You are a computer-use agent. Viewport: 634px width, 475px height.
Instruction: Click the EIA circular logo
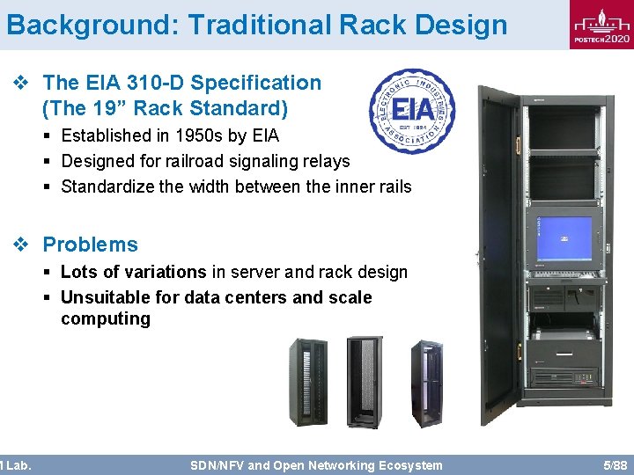(x=412, y=112)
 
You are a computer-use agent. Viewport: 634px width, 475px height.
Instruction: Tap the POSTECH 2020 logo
(x=601, y=26)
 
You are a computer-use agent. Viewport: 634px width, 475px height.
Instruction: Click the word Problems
(x=91, y=245)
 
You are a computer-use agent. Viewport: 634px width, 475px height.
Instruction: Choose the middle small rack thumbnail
(x=365, y=382)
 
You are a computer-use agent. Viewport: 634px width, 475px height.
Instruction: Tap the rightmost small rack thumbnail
(x=427, y=383)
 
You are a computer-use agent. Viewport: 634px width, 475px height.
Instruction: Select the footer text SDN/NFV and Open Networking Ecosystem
(x=316, y=464)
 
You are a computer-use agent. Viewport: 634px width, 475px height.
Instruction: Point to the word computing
(x=106, y=318)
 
